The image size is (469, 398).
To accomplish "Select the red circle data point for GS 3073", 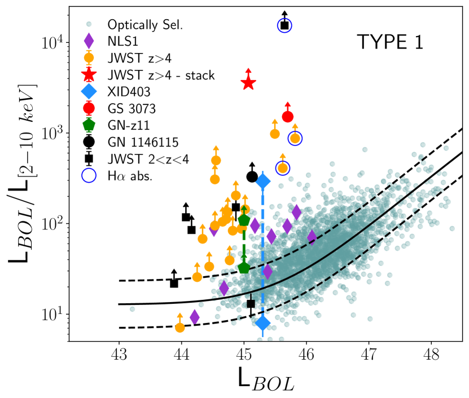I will coord(287,117).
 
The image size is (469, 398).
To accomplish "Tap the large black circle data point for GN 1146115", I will coord(252,176).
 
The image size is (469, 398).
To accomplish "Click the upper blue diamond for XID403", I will coord(262,181).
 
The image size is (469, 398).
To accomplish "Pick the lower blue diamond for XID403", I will coord(262,323).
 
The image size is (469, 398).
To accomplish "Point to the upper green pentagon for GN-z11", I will coord(244,220).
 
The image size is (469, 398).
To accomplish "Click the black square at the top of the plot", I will coord(284,25).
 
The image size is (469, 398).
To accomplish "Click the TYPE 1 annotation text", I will coord(389,42).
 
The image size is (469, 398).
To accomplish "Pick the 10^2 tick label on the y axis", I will coord(52,223).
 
